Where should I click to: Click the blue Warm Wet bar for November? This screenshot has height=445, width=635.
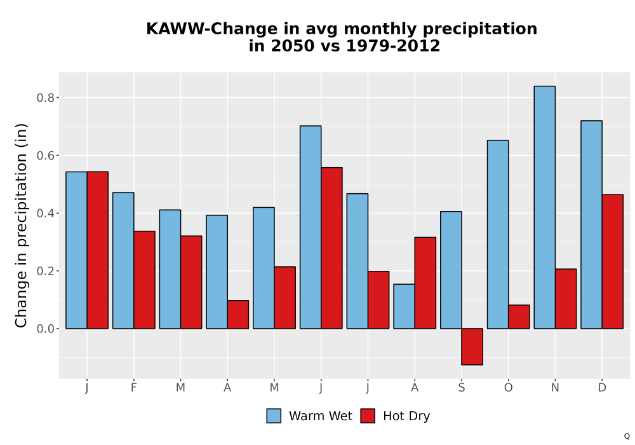point(545,207)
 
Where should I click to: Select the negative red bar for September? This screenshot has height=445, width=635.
point(472,346)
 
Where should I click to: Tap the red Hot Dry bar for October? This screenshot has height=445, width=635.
point(519,317)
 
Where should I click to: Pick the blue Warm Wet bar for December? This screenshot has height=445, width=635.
point(591,224)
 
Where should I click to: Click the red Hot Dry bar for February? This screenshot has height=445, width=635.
point(144,280)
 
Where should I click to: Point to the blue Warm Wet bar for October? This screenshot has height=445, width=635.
point(498,234)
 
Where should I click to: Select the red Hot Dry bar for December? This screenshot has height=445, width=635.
point(613,261)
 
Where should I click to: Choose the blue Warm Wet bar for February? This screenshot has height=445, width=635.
point(123,261)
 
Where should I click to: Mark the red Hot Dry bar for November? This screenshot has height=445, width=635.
point(566,299)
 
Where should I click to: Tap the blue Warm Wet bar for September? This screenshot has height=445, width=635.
point(451,270)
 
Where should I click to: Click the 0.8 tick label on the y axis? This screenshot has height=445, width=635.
point(45,98)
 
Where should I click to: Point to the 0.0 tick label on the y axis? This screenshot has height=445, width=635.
point(45,329)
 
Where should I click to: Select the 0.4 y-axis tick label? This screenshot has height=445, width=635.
point(45,213)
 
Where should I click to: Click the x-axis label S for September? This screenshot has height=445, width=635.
point(462,388)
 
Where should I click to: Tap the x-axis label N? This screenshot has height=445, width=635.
point(555,388)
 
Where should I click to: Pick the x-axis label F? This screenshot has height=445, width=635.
point(133,388)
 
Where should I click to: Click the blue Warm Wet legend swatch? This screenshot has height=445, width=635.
point(274,416)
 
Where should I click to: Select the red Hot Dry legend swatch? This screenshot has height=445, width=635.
point(368,416)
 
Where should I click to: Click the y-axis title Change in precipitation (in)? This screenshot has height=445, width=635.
point(21,225)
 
